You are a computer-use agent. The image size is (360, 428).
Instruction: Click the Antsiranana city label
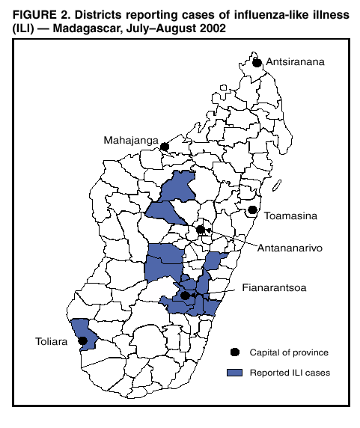pos(296,63)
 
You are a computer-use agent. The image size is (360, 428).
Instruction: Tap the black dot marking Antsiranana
pos(257,63)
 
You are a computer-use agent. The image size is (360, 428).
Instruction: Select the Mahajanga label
pos(132,140)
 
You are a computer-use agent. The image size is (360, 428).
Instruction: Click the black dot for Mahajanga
pos(165,147)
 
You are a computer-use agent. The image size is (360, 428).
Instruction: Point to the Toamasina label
pos(292,217)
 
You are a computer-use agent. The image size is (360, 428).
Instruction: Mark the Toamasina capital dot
pos(253,210)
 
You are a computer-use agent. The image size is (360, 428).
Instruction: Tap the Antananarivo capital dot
pos(200,230)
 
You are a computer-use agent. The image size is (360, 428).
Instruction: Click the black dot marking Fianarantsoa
pos(186,296)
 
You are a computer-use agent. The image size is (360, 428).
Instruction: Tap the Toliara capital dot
pos(82,340)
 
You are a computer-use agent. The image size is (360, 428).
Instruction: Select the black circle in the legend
pos(234,352)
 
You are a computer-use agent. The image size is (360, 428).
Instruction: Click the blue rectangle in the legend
pos(234,372)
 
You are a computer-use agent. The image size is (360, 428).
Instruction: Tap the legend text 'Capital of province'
pos(289,352)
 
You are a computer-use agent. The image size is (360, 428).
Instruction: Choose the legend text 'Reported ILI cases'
pos(289,372)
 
